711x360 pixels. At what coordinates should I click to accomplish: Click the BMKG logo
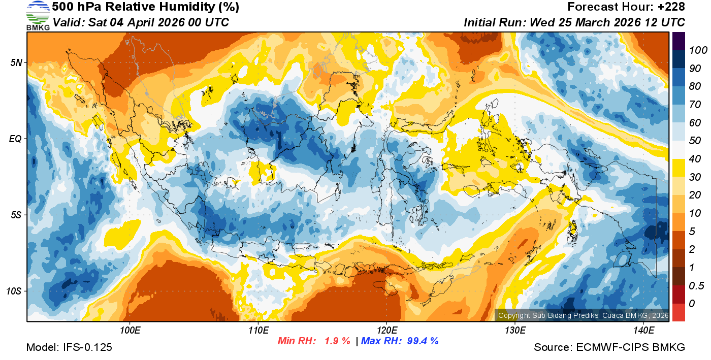38,15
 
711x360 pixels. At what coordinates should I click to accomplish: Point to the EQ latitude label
16,139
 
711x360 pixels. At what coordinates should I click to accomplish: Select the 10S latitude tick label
15,291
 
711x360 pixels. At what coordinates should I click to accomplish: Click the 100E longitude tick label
130,331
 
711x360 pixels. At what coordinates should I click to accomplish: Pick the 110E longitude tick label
258,331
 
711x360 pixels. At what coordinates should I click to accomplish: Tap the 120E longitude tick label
386,331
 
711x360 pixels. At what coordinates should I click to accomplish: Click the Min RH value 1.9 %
337,341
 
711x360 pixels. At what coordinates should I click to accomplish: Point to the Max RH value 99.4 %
423,341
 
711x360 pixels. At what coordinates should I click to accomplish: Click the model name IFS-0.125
87,347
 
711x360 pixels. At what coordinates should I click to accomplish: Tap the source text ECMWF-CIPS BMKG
630,347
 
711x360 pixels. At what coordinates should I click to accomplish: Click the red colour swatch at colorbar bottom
678,312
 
